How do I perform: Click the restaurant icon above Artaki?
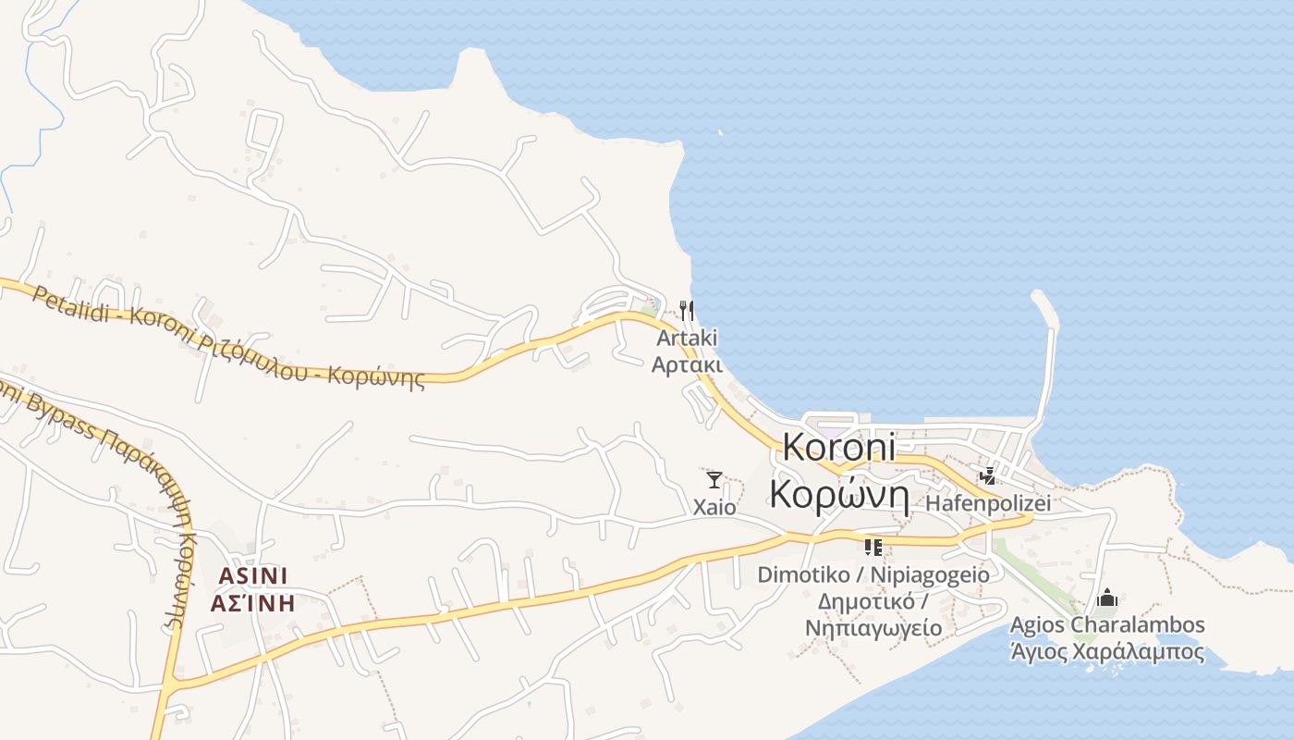tap(686, 310)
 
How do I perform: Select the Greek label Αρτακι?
tap(687, 364)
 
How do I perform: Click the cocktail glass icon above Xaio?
tap(714, 479)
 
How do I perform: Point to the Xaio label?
tap(714, 507)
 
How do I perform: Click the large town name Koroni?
tap(839, 447)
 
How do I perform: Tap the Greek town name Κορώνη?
tap(840, 496)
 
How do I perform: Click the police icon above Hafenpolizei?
tap(988, 476)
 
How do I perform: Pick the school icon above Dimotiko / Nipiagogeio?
tap(873, 547)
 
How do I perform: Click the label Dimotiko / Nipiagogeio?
tap(873, 574)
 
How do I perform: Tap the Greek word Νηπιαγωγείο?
tap(873, 628)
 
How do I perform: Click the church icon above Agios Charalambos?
tap(1107, 598)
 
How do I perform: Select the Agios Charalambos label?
tap(1107, 624)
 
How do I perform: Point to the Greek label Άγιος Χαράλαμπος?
tap(1107, 651)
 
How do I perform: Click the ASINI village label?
tap(253, 576)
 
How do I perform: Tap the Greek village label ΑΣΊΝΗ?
tap(253, 604)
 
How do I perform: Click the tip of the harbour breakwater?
tap(1037, 297)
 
